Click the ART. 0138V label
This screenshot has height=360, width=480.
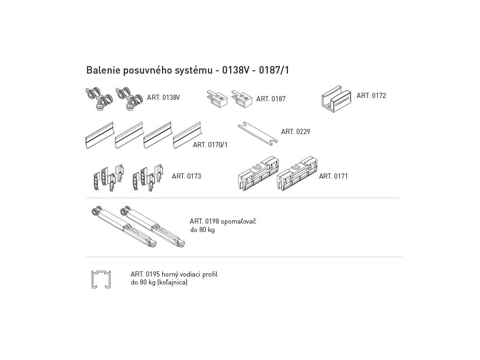pos(164,97)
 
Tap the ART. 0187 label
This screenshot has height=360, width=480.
pos(270,99)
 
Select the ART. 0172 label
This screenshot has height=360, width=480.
pos(371,96)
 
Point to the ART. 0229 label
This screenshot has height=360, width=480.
pos(295,132)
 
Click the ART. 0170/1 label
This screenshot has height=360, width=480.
pos(210,145)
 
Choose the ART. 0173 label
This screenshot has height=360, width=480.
pos(186,176)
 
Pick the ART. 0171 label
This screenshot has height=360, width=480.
pos(333,176)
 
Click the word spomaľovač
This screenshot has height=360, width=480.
pos(238,221)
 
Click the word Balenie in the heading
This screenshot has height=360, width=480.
pos(101,70)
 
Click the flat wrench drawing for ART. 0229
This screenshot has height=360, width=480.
pos(257,134)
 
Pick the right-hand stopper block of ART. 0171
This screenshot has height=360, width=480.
pos(297,174)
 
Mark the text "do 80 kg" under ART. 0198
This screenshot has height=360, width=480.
pos(202,230)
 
